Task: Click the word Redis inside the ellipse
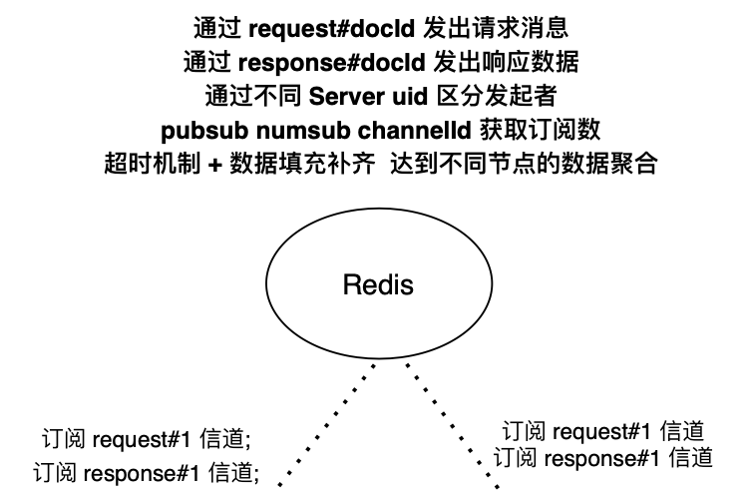click(x=377, y=285)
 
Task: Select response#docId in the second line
click(x=333, y=62)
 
